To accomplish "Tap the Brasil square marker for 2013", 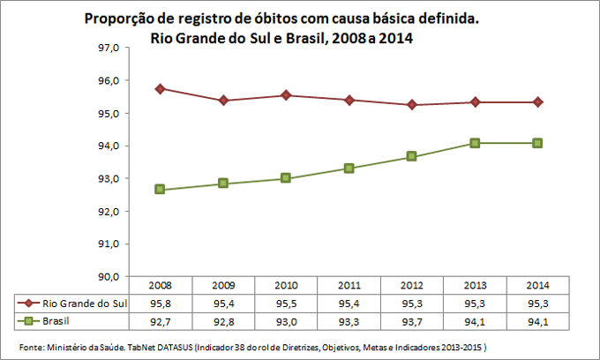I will coord(474,143).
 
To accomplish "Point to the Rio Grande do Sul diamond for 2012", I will coord(412,105).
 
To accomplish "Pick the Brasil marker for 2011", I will coord(349,168).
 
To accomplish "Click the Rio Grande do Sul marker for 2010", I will coord(287,95).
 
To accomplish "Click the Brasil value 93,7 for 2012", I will coord(412,319).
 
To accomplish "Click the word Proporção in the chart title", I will coord(117,19).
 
